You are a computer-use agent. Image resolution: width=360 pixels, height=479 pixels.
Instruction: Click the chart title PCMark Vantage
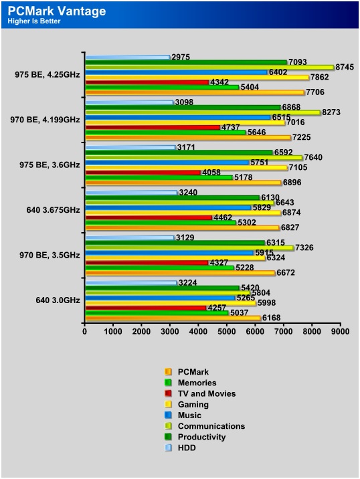coord(57,11)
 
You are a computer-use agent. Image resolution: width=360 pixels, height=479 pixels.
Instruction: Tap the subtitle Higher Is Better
coord(34,21)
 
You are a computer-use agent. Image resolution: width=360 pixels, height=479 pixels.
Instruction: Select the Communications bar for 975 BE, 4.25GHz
coord(210,67)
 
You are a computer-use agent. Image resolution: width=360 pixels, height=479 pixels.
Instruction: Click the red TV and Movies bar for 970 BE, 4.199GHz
coord(153,127)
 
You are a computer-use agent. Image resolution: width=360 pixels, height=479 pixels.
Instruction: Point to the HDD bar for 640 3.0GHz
coord(131,283)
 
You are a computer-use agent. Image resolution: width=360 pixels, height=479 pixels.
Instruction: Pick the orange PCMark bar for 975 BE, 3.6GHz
coord(183,183)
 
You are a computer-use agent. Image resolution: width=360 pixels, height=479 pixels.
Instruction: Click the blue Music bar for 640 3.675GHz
coord(169,207)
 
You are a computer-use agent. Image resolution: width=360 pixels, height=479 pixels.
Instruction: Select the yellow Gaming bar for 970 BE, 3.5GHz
coord(176,258)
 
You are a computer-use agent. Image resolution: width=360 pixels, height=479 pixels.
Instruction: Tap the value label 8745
coord(345,67)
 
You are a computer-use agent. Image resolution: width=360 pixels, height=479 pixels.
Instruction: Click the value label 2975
coord(181,57)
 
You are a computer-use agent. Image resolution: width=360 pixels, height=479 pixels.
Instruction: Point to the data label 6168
coord(272,318)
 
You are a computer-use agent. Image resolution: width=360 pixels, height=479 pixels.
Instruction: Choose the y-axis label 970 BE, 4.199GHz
coord(45,120)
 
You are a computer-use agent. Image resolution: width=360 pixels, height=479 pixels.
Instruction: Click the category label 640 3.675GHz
coord(53,210)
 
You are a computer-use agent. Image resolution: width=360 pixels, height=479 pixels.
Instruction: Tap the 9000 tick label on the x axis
coord(340,331)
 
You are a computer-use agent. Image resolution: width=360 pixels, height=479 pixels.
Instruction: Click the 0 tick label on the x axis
coord(85,331)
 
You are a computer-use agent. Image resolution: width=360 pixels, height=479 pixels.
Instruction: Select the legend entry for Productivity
coord(195,437)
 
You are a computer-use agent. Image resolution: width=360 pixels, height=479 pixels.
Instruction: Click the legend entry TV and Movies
coord(200,393)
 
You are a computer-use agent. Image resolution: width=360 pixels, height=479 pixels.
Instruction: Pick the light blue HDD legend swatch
coord(168,448)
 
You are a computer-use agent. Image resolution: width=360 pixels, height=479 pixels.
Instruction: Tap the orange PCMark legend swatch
coord(168,372)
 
